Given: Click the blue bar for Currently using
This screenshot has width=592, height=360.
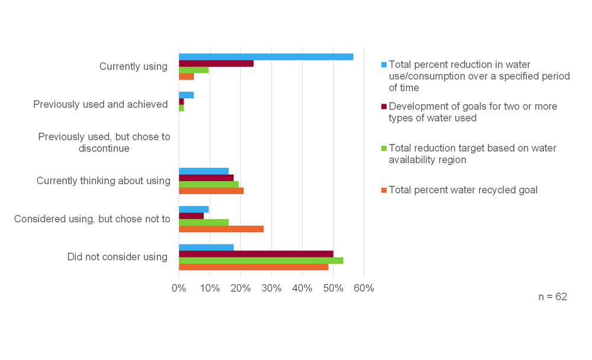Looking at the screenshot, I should (x=266, y=57).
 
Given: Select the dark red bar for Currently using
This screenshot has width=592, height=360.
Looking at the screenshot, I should (x=216, y=63).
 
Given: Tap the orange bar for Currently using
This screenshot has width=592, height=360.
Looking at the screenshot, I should (x=186, y=76).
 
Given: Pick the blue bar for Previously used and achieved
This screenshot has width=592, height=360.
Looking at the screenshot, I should (x=186, y=95).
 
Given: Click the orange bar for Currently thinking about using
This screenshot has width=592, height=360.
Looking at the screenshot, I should (x=211, y=191).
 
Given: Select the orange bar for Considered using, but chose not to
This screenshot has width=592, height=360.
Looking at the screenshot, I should (x=221, y=229).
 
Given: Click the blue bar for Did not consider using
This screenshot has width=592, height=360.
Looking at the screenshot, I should (x=206, y=247).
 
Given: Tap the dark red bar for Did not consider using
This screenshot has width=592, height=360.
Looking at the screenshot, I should (x=256, y=254).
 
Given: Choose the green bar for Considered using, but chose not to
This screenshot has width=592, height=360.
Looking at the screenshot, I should (x=204, y=223).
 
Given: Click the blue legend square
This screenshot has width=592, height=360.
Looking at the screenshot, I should (x=383, y=65).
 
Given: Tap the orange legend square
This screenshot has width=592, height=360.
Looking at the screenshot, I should (x=383, y=190).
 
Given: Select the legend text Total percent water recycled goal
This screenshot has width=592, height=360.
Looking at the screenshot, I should (x=463, y=190).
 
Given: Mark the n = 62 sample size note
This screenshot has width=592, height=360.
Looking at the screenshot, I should (x=552, y=297).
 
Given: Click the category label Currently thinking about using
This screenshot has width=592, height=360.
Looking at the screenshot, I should (x=104, y=181).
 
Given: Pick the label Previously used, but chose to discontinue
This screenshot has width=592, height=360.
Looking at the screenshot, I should (x=104, y=143).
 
